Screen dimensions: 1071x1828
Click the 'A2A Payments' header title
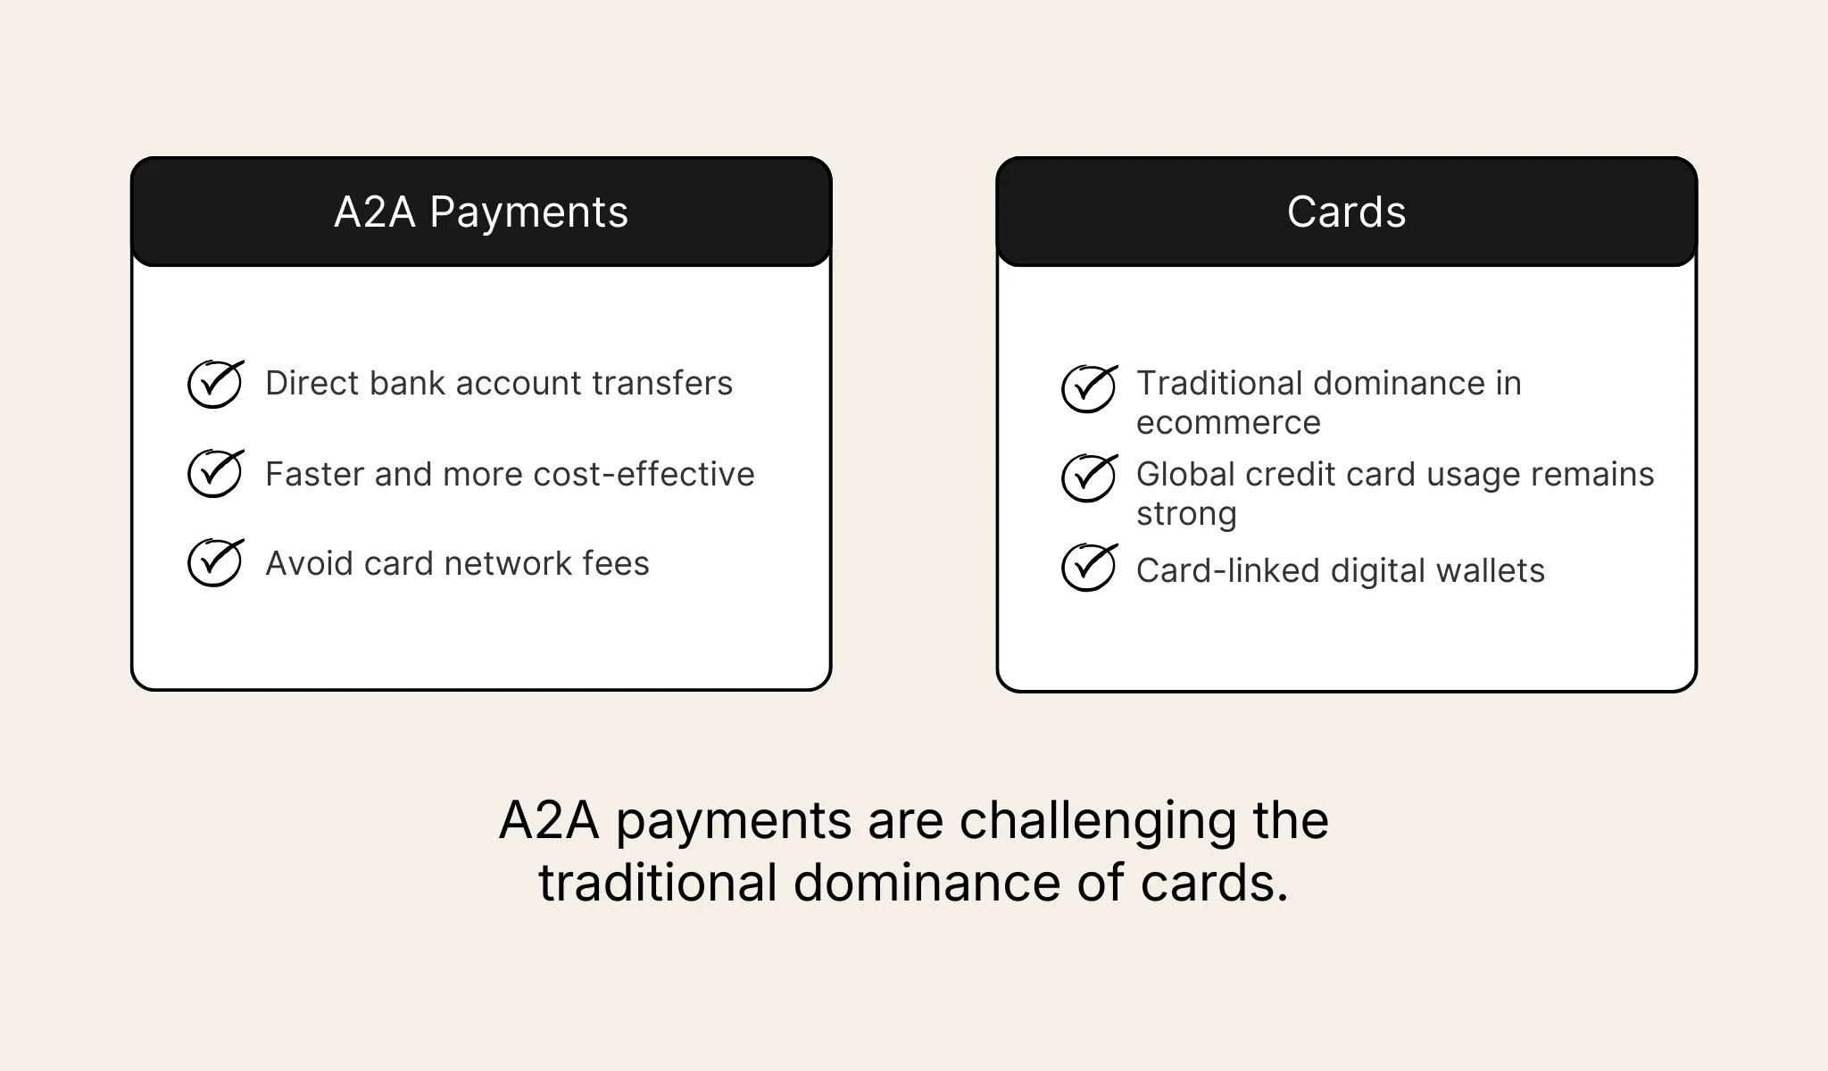481,212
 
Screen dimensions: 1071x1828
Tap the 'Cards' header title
1346,212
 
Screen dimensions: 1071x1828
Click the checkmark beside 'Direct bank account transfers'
215,385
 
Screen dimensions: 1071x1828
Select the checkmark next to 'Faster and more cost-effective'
215,473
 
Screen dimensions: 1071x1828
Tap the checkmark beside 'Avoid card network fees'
215,562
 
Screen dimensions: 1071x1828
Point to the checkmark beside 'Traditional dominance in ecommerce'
1088,388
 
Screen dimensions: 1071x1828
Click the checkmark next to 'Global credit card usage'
1088,477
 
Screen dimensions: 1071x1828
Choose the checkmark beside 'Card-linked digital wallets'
1088,567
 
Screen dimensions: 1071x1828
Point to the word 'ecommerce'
1228,423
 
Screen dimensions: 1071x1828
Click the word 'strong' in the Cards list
1186,514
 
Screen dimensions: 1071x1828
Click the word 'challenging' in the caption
1099,821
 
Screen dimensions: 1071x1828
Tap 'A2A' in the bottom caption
549,821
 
